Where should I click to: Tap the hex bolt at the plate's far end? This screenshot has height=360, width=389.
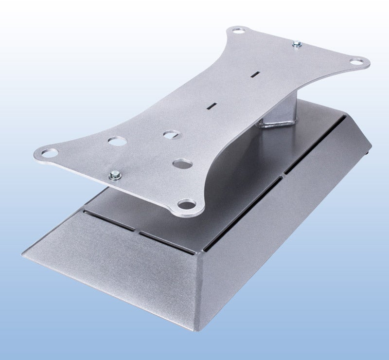[297, 44]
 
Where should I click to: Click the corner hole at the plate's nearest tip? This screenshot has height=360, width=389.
[186, 203]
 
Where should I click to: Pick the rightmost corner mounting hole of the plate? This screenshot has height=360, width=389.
[357, 62]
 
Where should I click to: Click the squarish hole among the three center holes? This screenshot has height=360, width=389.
[171, 134]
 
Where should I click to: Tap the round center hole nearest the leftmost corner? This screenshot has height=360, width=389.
[117, 142]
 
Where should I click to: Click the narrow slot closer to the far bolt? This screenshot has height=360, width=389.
[255, 74]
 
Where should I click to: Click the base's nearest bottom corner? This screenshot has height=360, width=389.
[200, 329]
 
